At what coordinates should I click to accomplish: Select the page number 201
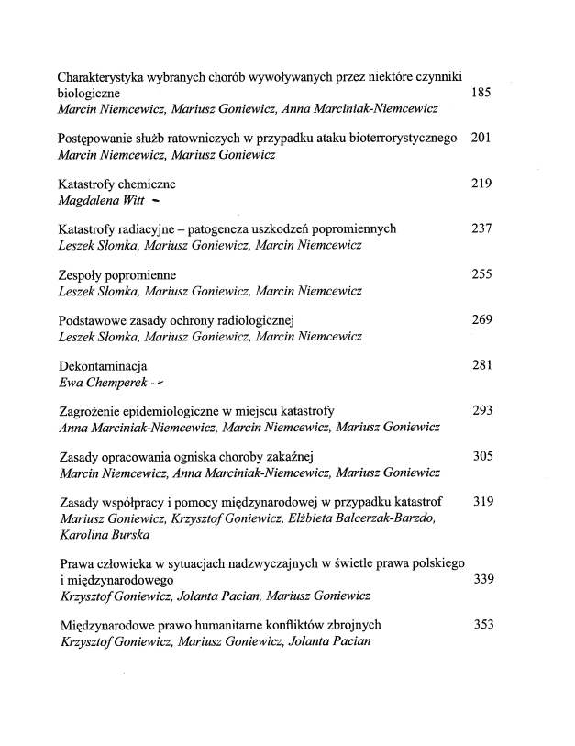coord(481,138)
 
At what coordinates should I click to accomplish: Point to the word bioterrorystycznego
coord(401,139)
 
